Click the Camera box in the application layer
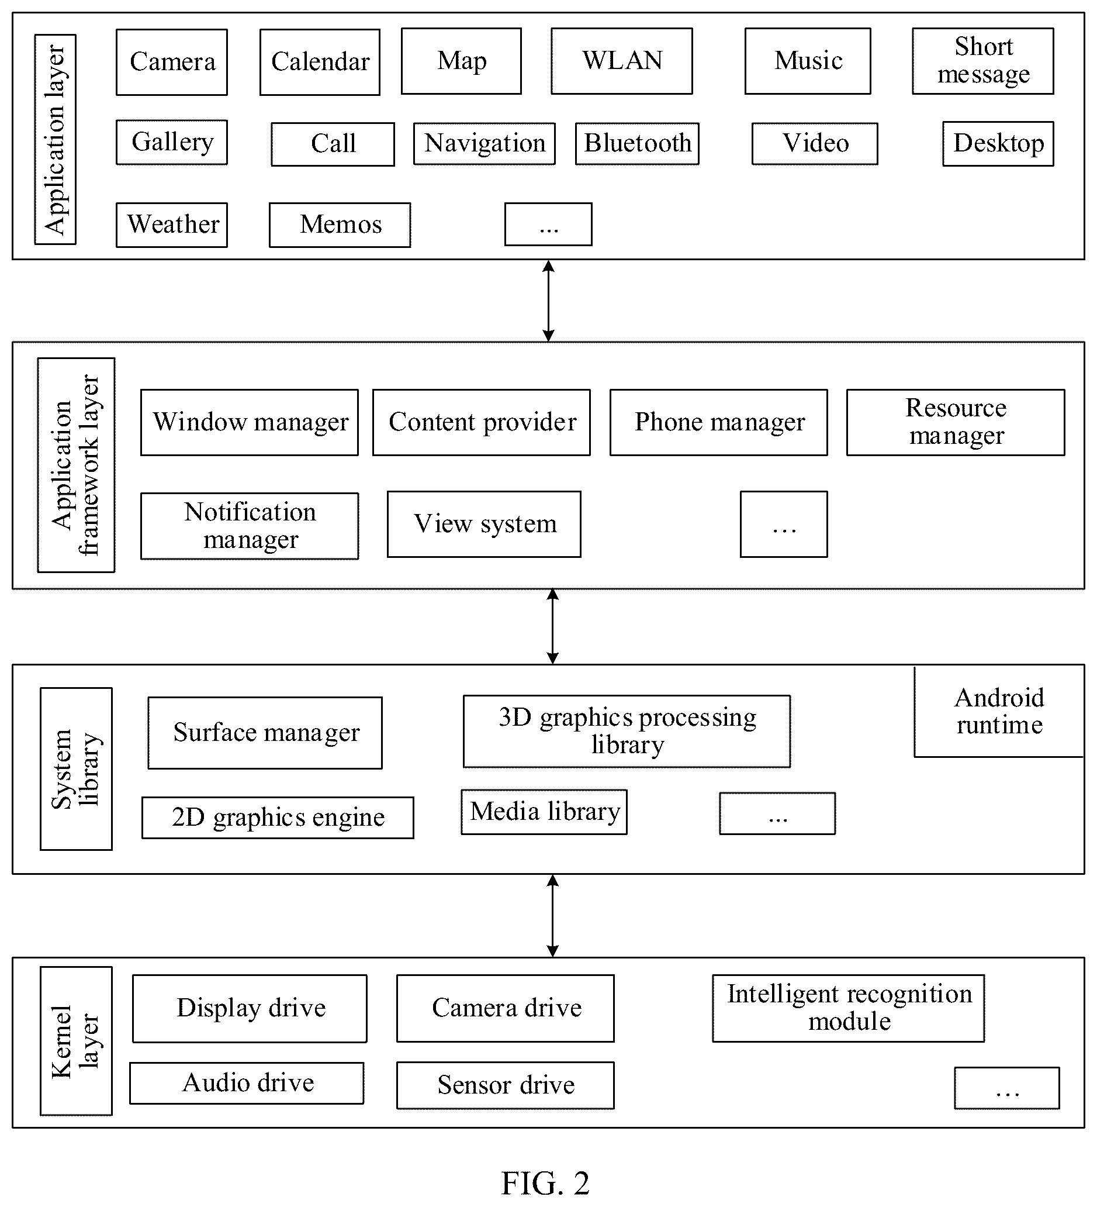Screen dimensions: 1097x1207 (172, 62)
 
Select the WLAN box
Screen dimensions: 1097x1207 (622, 61)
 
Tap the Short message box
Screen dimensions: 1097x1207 (982, 61)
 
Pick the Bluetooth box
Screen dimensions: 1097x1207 (638, 144)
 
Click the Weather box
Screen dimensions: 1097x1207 (172, 225)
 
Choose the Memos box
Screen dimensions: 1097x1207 (340, 225)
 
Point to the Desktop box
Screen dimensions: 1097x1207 (998, 144)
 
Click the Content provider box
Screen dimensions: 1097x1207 (482, 423)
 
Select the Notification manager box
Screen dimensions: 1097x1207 (250, 526)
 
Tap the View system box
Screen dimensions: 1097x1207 (484, 525)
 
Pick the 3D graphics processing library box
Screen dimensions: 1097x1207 (627, 731)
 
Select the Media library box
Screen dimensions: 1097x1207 (544, 812)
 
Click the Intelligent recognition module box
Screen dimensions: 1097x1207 (848, 1008)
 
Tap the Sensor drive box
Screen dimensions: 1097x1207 (505, 1085)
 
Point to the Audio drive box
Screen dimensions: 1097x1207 (247, 1083)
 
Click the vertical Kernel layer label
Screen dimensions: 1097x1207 (76, 1040)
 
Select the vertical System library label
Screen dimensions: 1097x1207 (76, 769)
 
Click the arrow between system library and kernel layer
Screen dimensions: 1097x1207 (553, 915)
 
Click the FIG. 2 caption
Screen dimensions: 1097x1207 (545, 1183)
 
